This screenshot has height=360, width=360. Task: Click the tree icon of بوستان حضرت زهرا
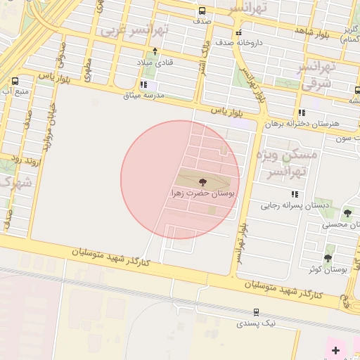(x=203, y=181)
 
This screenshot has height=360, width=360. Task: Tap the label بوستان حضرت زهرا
(x=203, y=192)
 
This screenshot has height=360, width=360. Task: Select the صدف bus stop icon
(x=202, y=11)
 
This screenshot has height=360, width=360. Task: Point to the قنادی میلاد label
(x=159, y=62)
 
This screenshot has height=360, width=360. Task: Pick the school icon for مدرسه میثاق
(x=143, y=84)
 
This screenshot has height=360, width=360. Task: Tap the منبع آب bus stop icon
(x=15, y=81)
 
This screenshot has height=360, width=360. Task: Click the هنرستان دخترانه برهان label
(x=302, y=123)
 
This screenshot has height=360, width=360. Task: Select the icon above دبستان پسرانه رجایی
(x=295, y=194)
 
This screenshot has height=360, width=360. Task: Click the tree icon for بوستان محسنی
(x=347, y=213)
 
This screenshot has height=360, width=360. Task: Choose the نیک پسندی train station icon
(x=257, y=311)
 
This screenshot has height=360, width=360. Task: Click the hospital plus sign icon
(x=335, y=349)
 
